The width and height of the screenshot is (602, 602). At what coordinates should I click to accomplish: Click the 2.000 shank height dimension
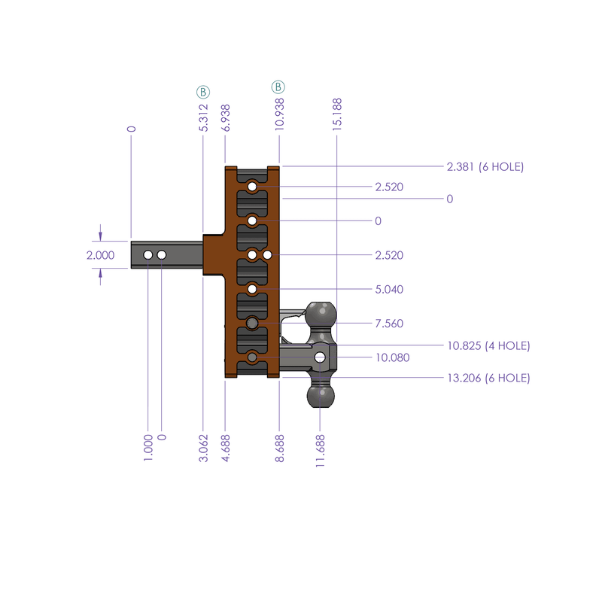[101, 255]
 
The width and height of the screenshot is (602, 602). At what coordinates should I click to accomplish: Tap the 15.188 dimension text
[336, 114]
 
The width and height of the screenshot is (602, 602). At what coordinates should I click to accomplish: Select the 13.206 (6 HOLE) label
[488, 378]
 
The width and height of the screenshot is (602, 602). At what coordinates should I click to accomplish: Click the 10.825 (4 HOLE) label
[488, 345]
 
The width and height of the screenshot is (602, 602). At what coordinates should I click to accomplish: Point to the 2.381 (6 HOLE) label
[485, 166]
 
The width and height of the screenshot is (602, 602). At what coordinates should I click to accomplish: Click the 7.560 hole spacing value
[389, 324]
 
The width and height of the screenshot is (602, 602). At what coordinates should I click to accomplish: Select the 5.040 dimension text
[389, 289]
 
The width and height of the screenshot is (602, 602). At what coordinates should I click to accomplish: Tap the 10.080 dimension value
[391, 357]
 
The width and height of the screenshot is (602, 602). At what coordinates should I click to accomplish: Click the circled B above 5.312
[203, 91]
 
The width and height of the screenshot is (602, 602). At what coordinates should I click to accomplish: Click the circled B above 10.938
[279, 87]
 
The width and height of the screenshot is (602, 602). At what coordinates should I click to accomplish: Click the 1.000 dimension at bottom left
[148, 447]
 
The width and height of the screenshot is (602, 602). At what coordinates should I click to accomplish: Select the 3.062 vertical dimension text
[204, 447]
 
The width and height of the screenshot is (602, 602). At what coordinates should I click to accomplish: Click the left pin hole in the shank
[148, 256]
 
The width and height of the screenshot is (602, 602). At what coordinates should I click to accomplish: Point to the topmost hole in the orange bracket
[253, 186]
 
